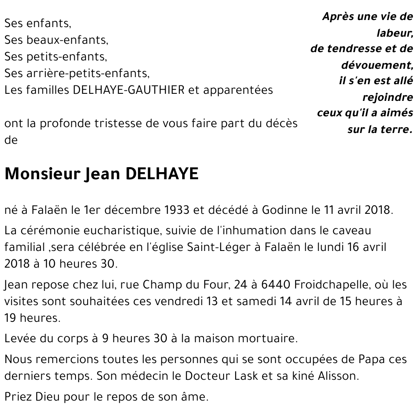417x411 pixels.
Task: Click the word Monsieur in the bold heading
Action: pos(42,174)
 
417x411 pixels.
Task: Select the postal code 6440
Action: pos(276,285)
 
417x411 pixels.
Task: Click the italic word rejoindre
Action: pos(388,98)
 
